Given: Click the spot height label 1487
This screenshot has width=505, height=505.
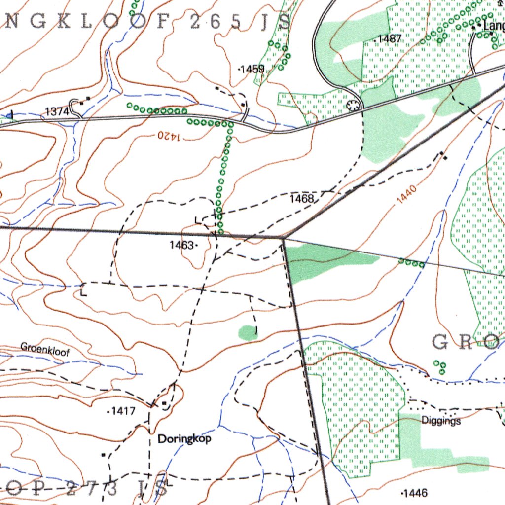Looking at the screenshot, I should [390, 39].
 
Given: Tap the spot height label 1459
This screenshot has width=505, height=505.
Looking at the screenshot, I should [252, 69].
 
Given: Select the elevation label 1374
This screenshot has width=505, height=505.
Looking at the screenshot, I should [57, 112].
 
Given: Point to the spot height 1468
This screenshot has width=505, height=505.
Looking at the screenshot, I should [301, 199].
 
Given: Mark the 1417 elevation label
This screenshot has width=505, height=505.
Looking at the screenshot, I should [123, 410].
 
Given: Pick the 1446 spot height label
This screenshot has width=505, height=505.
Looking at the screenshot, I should [415, 493].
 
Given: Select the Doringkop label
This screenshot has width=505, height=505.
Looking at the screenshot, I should [184, 439].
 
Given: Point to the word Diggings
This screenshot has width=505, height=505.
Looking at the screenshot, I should [441, 421].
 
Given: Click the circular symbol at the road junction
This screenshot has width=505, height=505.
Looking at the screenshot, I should [353, 105].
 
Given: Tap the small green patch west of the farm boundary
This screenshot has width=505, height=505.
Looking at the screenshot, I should [248, 333].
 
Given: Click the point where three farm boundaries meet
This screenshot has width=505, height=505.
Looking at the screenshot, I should [284, 238].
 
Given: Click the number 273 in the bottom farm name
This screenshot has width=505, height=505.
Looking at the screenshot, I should [92, 489].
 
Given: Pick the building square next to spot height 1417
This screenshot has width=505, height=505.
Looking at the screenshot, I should [164, 404].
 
